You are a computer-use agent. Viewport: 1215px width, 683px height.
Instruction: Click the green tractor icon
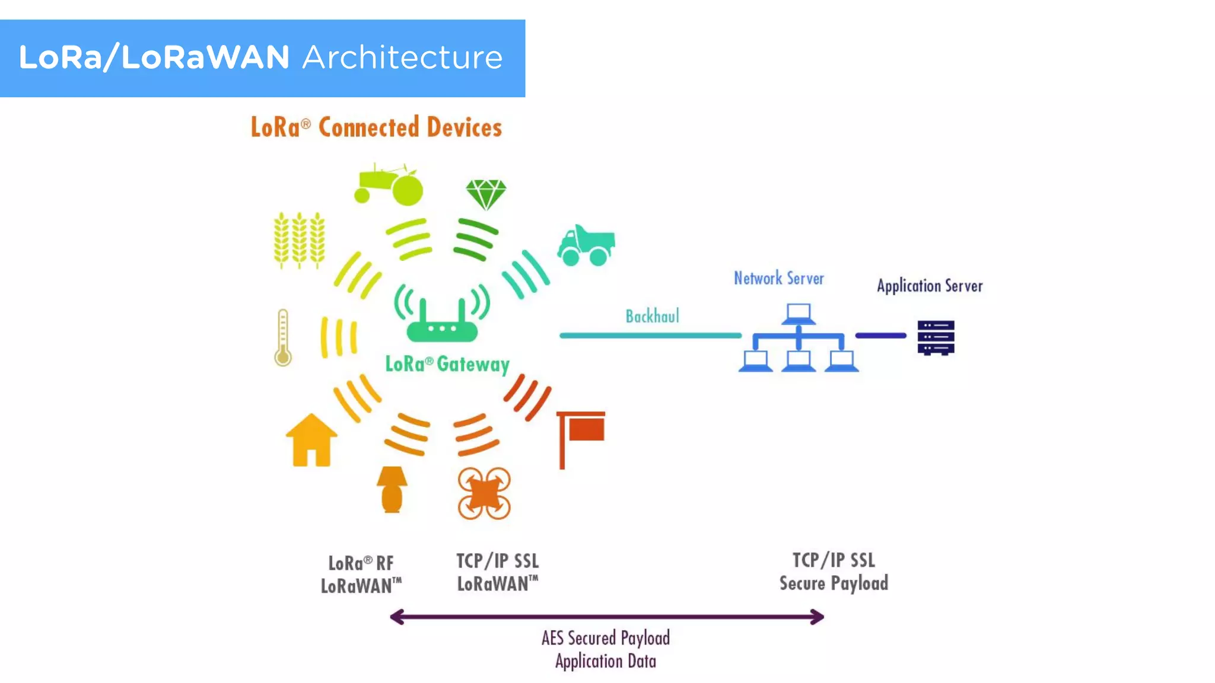[389, 185]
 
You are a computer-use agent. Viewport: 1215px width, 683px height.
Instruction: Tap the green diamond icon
[486, 194]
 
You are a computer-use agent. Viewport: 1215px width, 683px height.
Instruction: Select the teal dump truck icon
[586, 245]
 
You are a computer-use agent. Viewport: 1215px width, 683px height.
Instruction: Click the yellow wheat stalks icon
[299, 240]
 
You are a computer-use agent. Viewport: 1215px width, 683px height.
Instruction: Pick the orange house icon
[311, 441]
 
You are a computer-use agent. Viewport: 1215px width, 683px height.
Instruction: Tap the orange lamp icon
[392, 489]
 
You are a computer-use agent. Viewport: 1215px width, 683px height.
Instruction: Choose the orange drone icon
[484, 493]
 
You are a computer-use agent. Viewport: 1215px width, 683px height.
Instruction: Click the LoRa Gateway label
[447, 364]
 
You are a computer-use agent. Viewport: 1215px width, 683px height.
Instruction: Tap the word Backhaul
[652, 317]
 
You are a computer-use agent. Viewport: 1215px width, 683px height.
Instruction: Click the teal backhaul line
[650, 336]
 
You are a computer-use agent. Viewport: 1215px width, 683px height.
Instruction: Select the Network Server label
[778, 279]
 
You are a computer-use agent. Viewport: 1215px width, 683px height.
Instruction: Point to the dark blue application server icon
[936, 337]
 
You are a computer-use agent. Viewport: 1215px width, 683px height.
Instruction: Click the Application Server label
[930, 286]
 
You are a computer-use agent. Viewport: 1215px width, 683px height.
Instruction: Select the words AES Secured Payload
[605, 639]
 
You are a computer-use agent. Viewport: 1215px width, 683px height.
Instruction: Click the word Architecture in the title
[402, 58]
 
